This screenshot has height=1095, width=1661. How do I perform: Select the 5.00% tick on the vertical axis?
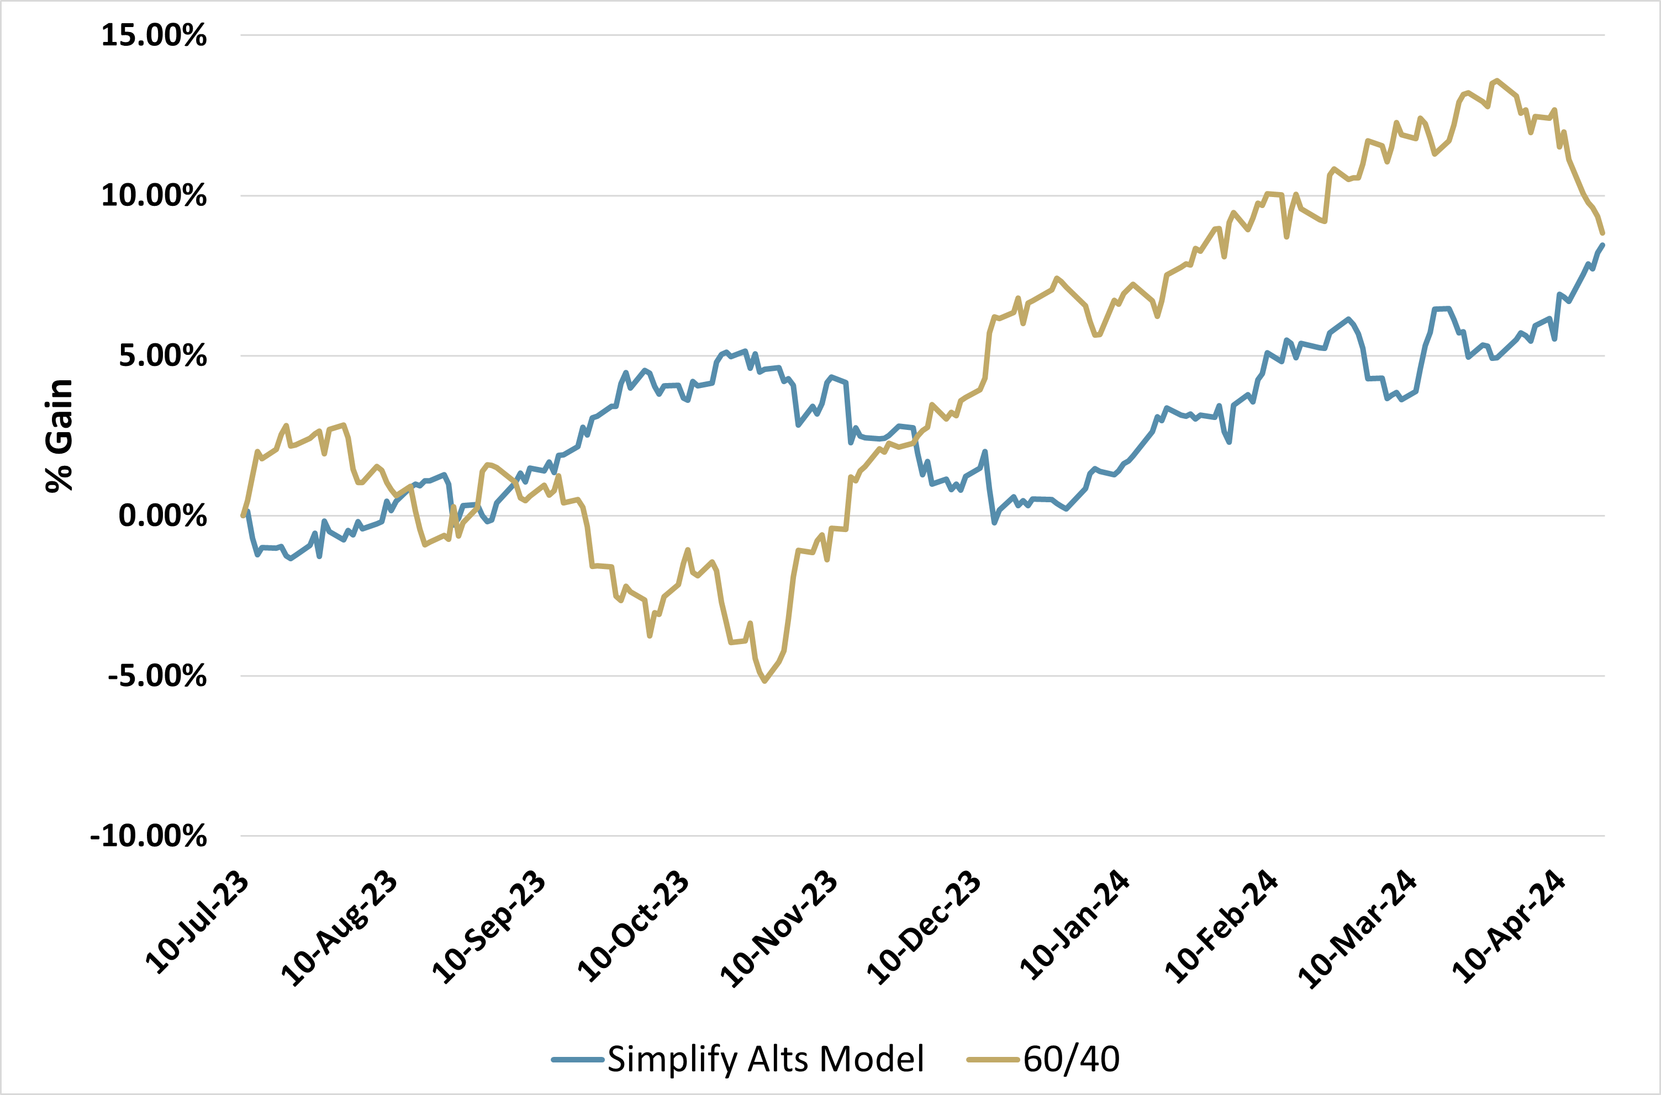[162, 355]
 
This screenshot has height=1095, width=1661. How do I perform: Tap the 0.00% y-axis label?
[162, 515]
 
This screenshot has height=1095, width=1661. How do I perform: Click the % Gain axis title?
[60, 436]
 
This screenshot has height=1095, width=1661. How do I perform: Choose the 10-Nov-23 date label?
[779, 928]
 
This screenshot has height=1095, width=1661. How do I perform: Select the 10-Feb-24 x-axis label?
[1221, 927]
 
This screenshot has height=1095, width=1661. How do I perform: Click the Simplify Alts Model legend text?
[766, 1059]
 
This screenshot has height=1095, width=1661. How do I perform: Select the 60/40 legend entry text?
[1071, 1059]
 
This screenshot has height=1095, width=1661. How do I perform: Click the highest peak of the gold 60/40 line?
[1495, 81]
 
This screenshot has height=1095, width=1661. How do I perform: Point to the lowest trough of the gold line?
[764, 681]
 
